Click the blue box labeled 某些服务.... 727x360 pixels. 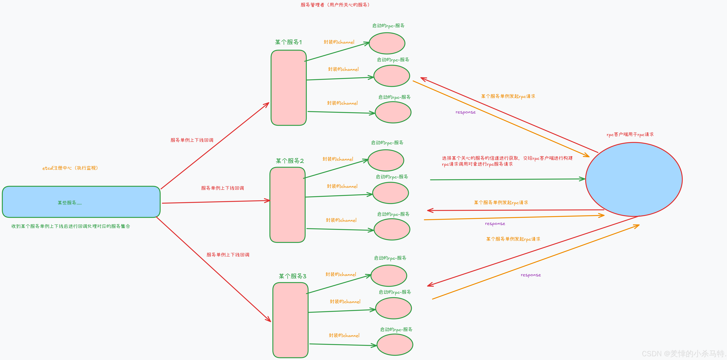tap(81, 202)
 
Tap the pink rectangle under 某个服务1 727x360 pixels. tap(288, 88)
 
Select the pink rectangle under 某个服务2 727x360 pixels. tap(287, 205)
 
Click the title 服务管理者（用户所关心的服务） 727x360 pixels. tap(335, 5)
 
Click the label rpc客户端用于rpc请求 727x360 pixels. tap(630, 135)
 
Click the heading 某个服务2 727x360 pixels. tap(290, 161)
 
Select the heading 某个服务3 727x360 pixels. tap(292, 276)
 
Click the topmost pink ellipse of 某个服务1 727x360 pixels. tap(387, 43)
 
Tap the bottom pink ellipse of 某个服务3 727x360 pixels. tap(395, 345)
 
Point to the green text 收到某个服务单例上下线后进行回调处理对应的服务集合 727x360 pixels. tap(71, 226)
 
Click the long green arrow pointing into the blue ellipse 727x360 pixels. tap(508, 179)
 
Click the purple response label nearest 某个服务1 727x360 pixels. tap(465, 112)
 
